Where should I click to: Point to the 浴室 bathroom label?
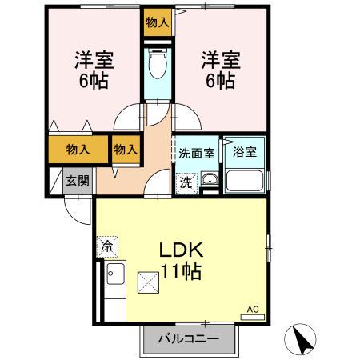(245, 152)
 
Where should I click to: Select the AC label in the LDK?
(254, 309)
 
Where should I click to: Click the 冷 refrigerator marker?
(106, 246)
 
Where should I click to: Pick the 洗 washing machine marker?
(185, 182)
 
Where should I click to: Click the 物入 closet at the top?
(157, 23)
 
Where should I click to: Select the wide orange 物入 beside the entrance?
(78, 150)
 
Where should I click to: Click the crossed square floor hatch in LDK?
(150, 281)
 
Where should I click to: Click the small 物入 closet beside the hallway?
(126, 150)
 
